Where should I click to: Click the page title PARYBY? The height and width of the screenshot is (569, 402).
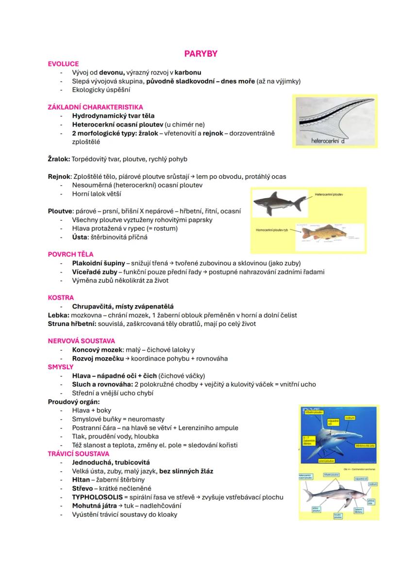pos(201,54)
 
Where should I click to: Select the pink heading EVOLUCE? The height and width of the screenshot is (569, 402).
pos(63,64)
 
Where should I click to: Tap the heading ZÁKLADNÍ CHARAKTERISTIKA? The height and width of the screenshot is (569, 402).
pos(95,107)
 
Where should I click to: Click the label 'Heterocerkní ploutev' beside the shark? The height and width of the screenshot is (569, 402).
pos(329,194)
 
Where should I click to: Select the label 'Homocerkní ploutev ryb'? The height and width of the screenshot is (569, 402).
pos(272,230)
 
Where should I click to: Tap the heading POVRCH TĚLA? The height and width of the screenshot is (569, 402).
pos(70,254)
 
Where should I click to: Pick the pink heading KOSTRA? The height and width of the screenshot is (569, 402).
pos(61,297)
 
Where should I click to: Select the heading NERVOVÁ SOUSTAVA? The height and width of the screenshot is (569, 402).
pos(82,341)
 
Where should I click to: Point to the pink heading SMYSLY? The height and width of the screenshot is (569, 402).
pos(61,367)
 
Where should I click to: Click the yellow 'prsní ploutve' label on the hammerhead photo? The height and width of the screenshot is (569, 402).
pos(325,460)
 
